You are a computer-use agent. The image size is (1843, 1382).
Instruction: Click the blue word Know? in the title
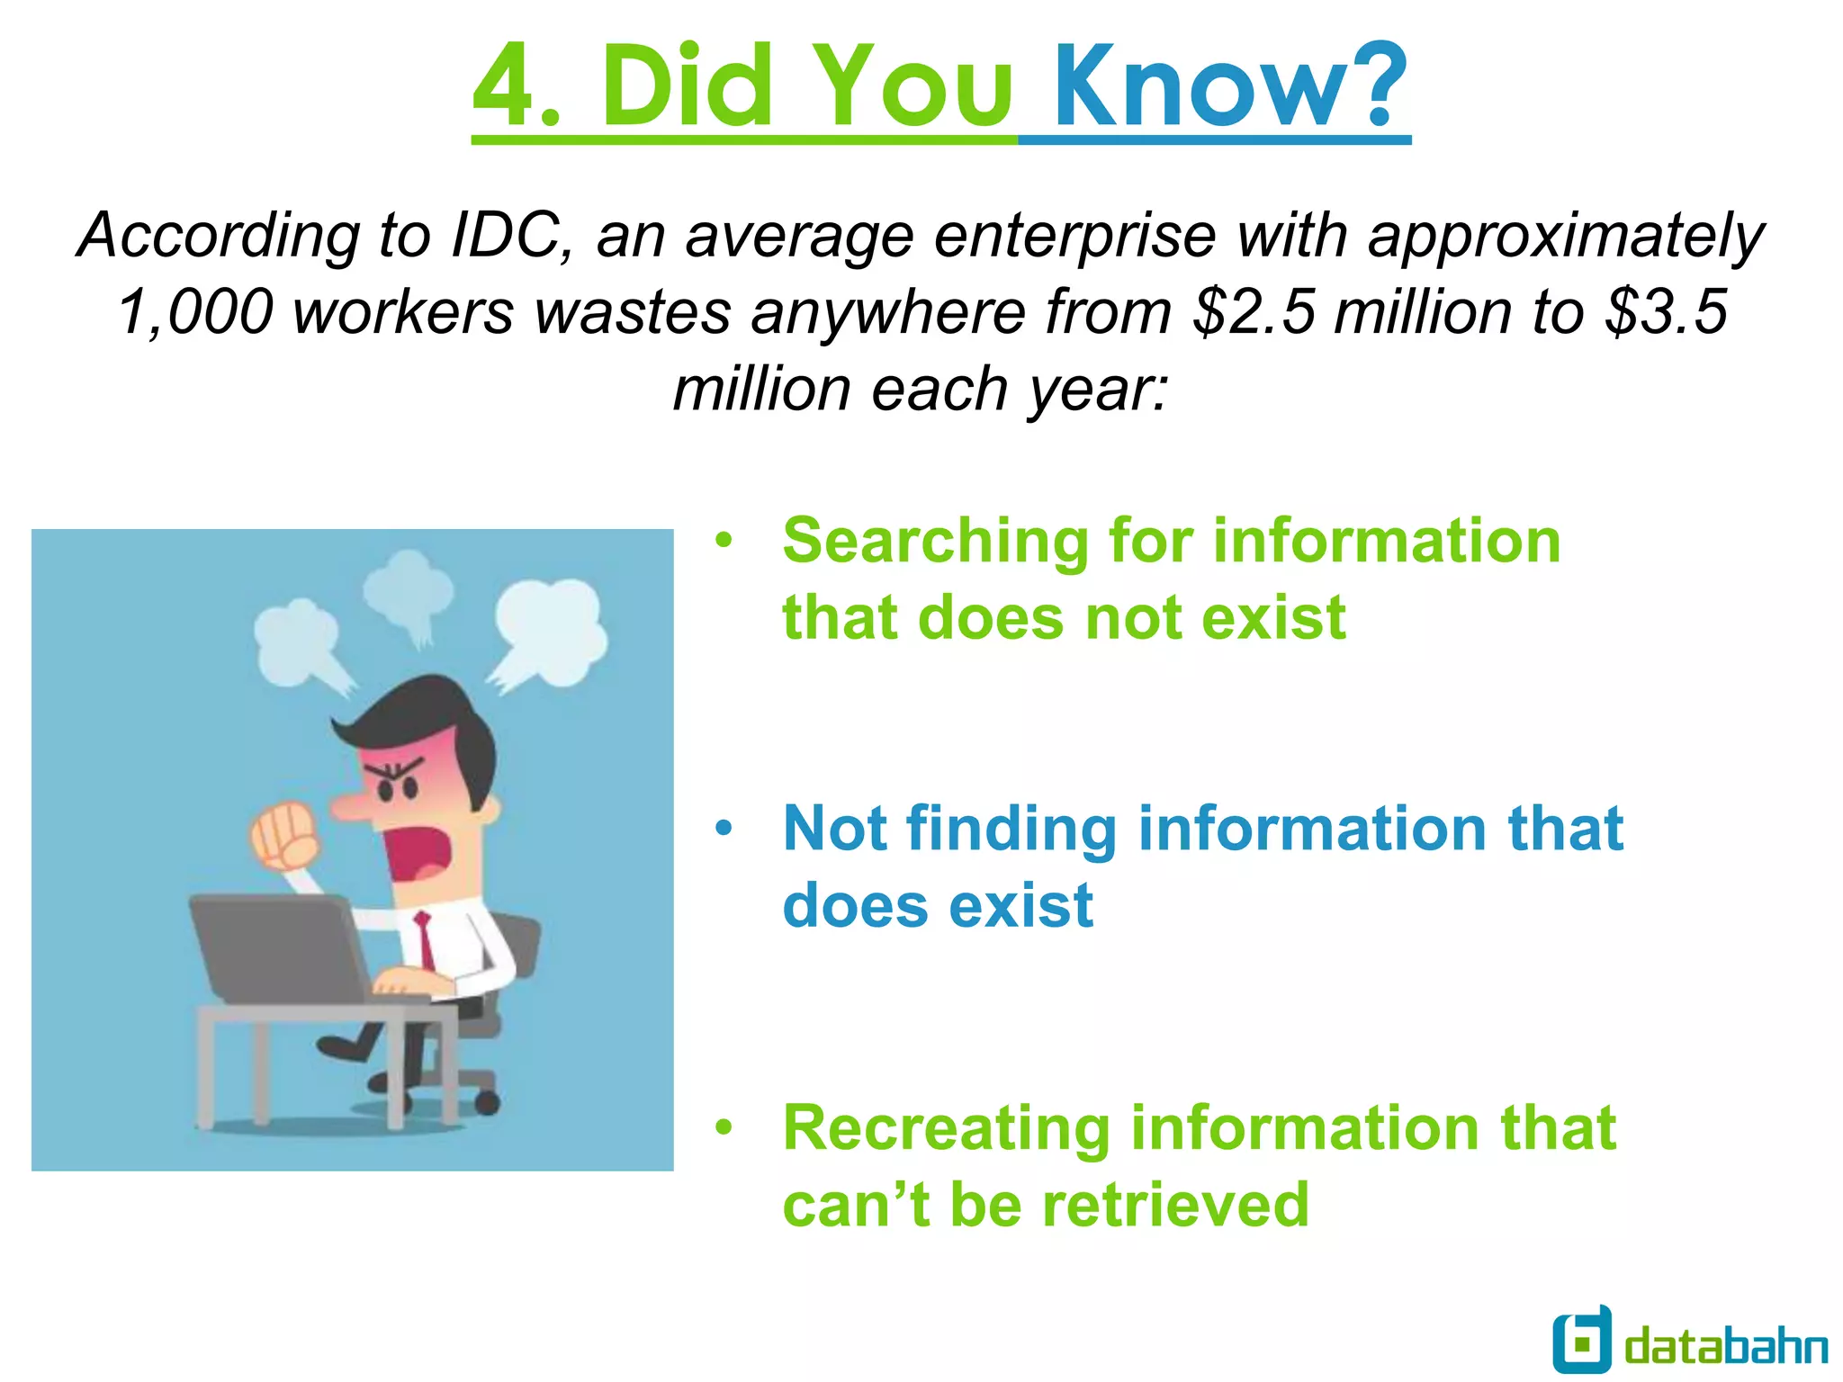coord(1229,87)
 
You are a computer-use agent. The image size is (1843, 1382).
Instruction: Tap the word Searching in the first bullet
coord(935,542)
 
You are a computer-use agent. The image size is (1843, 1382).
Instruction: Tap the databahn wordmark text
coord(1726,1347)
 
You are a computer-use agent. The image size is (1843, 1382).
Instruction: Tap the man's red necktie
coord(425,940)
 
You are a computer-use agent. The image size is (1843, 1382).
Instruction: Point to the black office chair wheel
coord(486,1101)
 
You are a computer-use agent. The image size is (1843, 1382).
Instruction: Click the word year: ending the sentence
coord(1097,390)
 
